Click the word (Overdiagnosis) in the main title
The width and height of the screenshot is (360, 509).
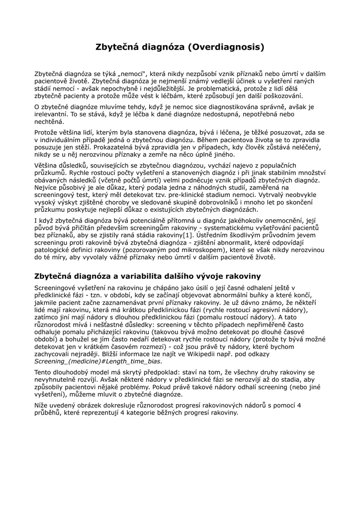(226, 47)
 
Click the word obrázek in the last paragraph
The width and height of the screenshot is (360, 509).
(98, 406)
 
